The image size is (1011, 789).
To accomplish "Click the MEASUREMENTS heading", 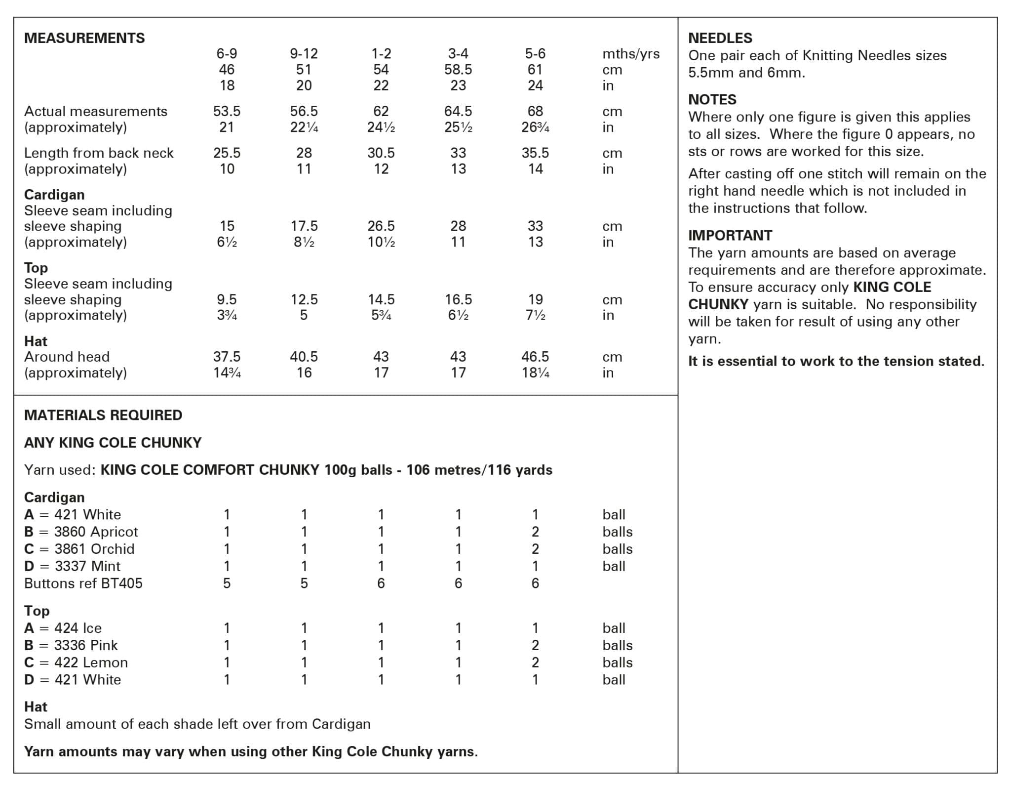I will click(x=84, y=38).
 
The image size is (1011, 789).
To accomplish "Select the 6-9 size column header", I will click(x=227, y=53).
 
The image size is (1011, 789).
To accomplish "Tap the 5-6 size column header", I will click(x=535, y=53).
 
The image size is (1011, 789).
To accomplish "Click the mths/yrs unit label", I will click(x=630, y=54).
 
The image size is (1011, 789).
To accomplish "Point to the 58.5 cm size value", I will click(x=458, y=70).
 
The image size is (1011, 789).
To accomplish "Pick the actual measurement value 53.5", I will click(x=227, y=111).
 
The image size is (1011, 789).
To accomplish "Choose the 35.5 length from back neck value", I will click(x=535, y=153).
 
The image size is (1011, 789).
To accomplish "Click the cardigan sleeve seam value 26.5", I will click(x=381, y=226).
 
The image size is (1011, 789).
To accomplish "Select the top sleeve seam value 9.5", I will click(x=227, y=299).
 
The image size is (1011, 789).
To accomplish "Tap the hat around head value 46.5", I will click(x=535, y=357).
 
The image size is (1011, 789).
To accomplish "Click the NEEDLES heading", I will click(x=720, y=38).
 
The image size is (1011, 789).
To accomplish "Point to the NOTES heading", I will click(x=712, y=100).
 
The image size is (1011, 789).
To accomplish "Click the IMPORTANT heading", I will click(x=730, y=235).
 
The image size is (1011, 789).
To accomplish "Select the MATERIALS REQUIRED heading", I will click(x=103, y=415).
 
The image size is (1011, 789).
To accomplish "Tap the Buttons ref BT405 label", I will click(x=83, y=583).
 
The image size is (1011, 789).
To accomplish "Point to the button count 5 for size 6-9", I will click(x=227, y=583).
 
